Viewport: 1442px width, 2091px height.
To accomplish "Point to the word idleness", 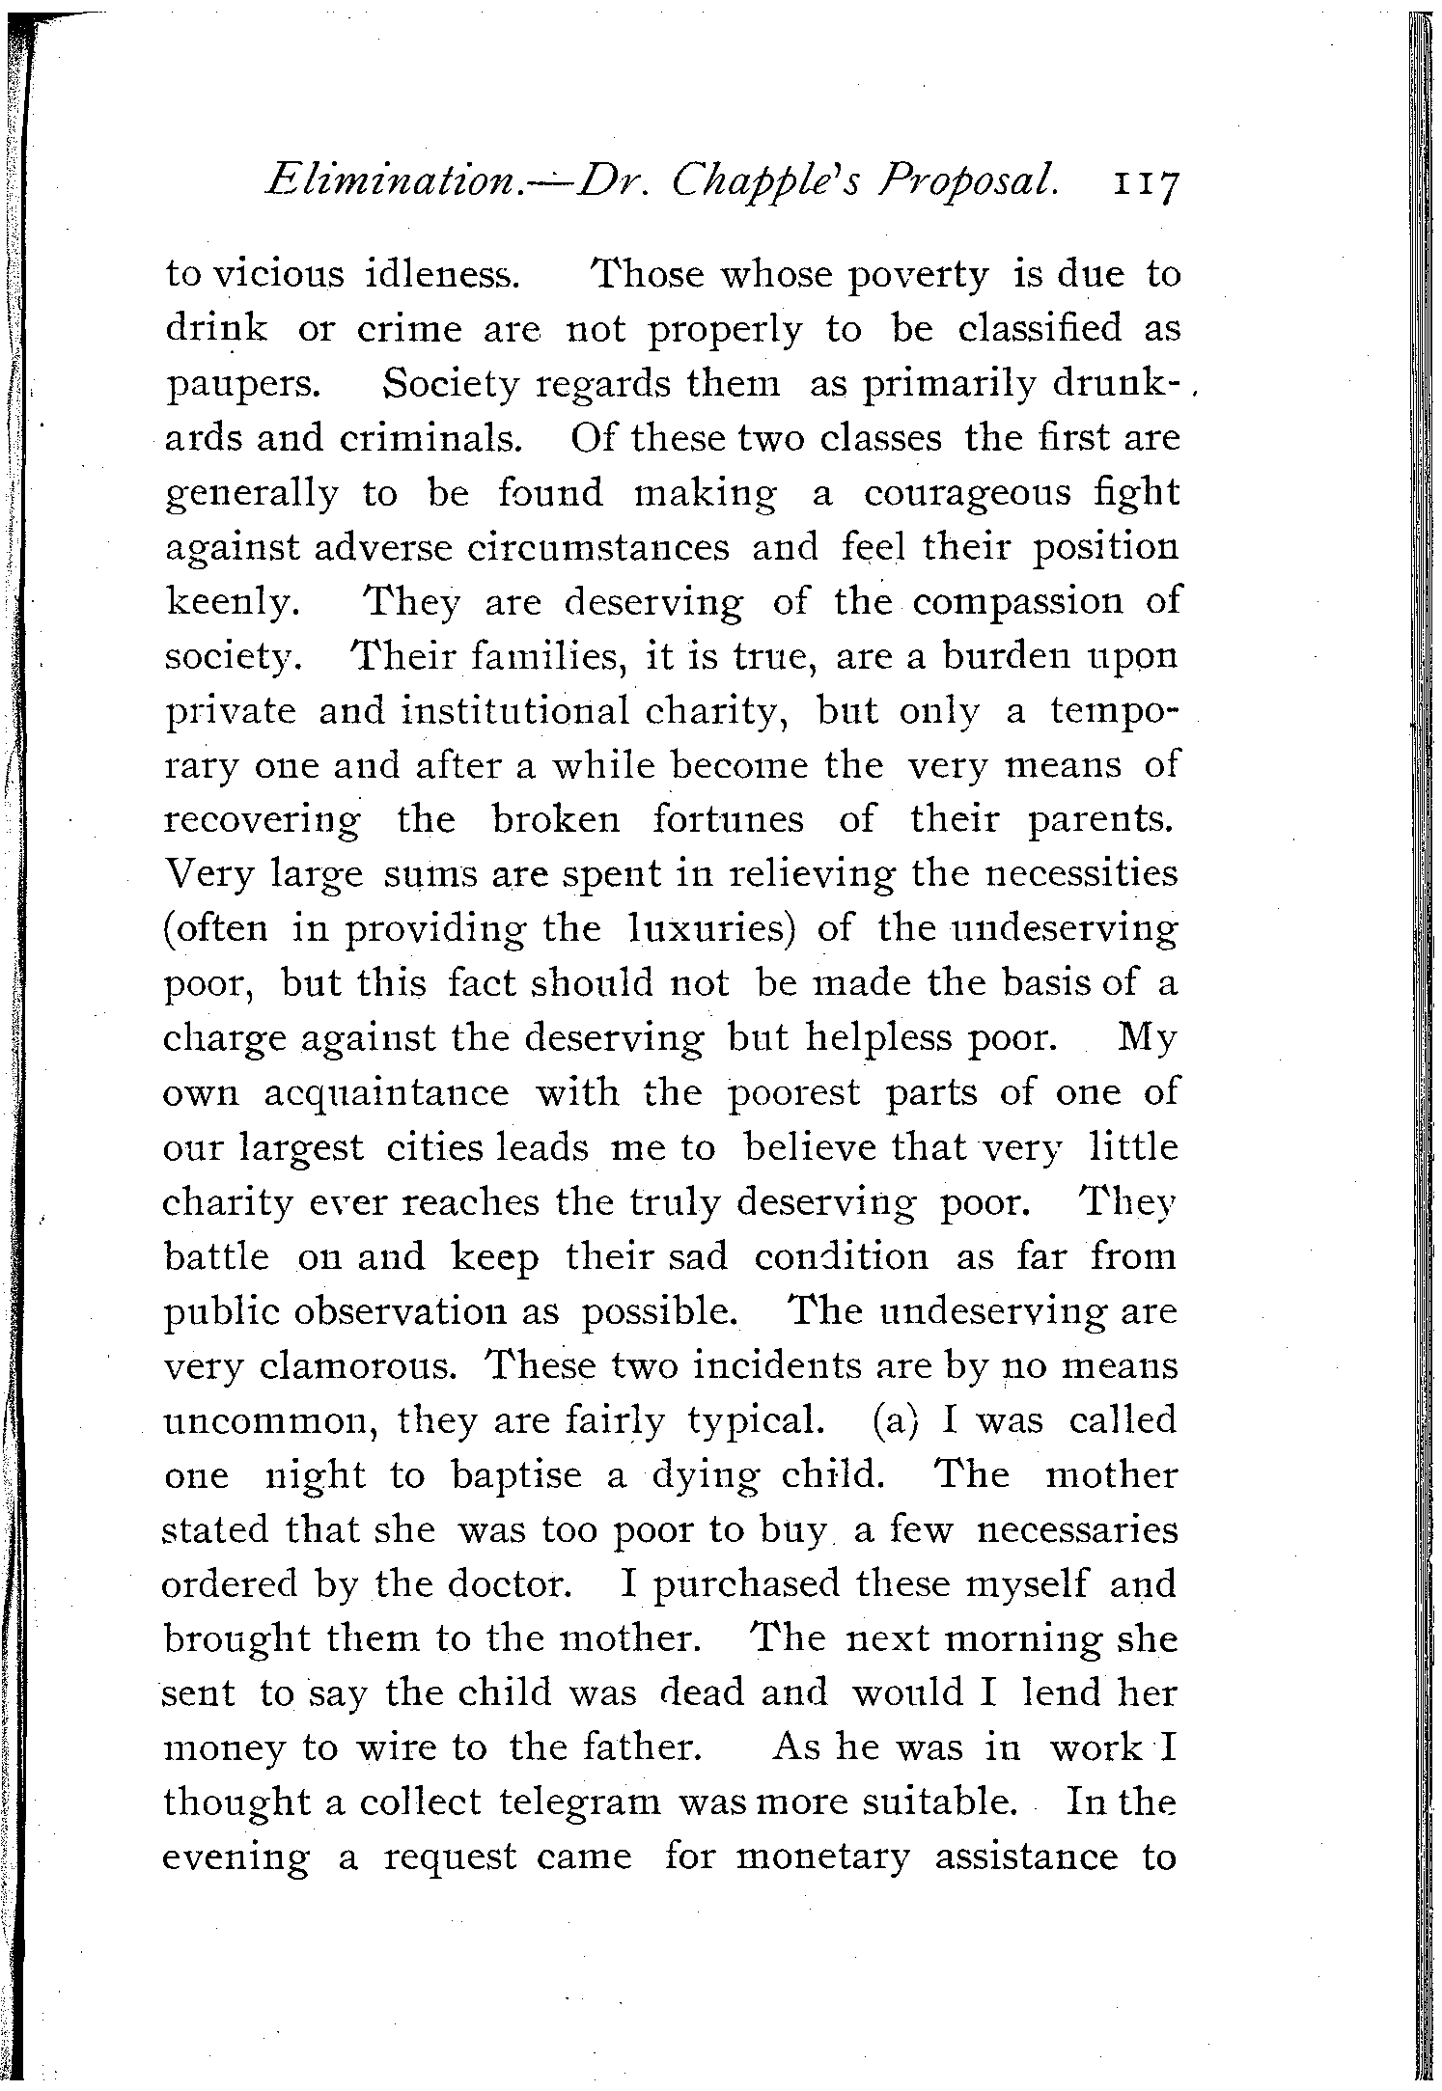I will tap(443, 276).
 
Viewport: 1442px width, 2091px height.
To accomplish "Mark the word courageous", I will tap(966, 495).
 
